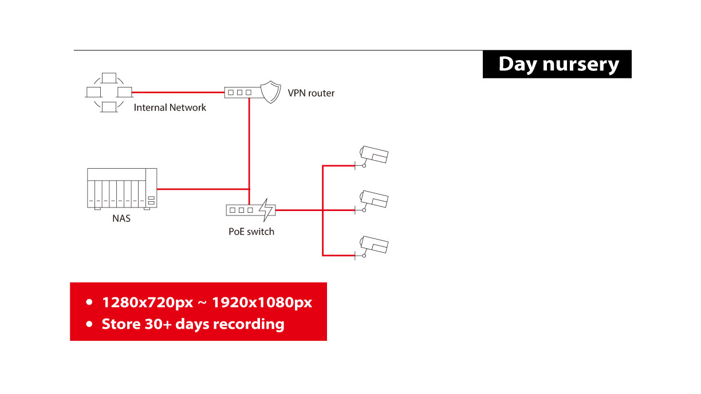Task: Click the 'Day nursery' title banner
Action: tap(557, 64)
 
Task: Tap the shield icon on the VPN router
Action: tap(271, 92)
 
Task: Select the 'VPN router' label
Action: tap(311, 93)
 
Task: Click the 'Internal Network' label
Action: tap(170, 108)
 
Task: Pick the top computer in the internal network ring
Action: tap(109, 78)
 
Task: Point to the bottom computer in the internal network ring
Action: tap(109, 107)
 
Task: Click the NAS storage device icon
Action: tap(122, 189)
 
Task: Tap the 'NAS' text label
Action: tap(121, 218)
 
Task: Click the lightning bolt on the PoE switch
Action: tap(266, 210)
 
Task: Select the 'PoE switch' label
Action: tap(251, 232)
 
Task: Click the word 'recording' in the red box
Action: tap(249, 324)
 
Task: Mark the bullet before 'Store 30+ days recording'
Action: tap(89, 324)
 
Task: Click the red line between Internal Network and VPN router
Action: tap(178, 93)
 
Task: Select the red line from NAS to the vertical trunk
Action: tap(203, 189)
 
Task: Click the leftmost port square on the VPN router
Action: tap(231, 93)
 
